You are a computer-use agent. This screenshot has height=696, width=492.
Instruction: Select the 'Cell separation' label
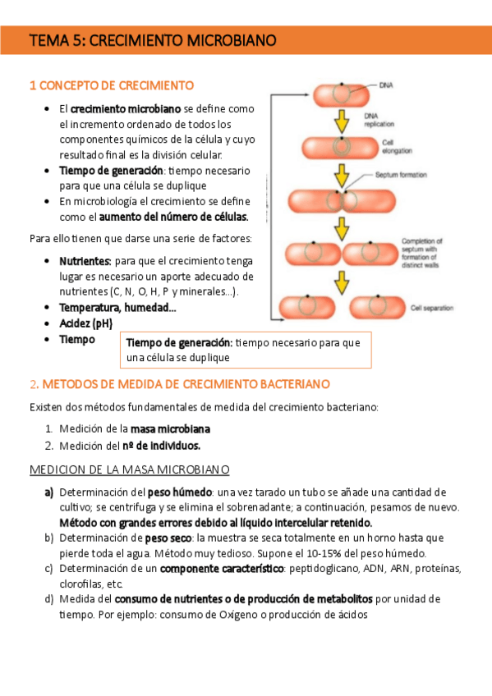431,308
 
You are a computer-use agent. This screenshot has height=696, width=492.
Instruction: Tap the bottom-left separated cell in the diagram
306,308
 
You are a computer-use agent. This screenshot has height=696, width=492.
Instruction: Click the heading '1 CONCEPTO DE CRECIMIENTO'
112,85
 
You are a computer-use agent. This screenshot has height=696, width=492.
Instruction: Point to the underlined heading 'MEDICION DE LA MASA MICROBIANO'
129,469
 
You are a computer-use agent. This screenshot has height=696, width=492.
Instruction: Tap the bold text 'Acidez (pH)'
85,323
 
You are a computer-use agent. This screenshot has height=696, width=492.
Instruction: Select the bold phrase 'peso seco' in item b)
168,538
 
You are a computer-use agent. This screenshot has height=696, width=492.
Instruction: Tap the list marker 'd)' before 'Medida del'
49,599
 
